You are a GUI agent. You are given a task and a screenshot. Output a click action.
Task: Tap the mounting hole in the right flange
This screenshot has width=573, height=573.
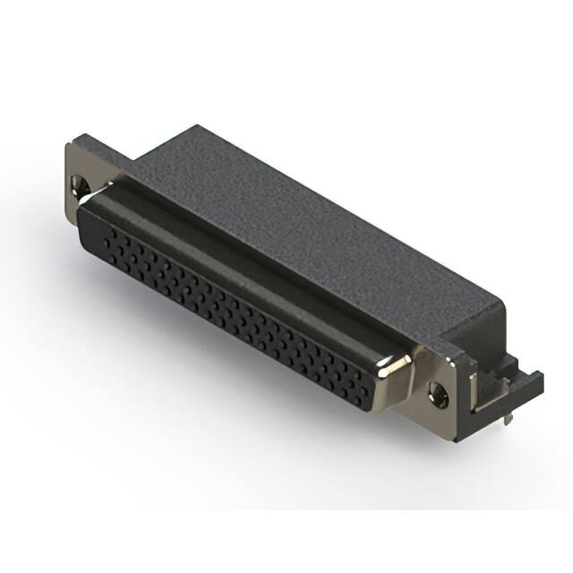pos(438,391)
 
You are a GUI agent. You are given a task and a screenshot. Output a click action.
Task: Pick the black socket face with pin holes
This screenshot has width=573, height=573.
pos(233,313)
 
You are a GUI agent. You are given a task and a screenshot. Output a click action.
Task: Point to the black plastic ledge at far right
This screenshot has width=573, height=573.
pos(528,381)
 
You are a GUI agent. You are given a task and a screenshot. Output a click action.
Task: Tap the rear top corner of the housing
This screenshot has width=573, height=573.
pos(196,127)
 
